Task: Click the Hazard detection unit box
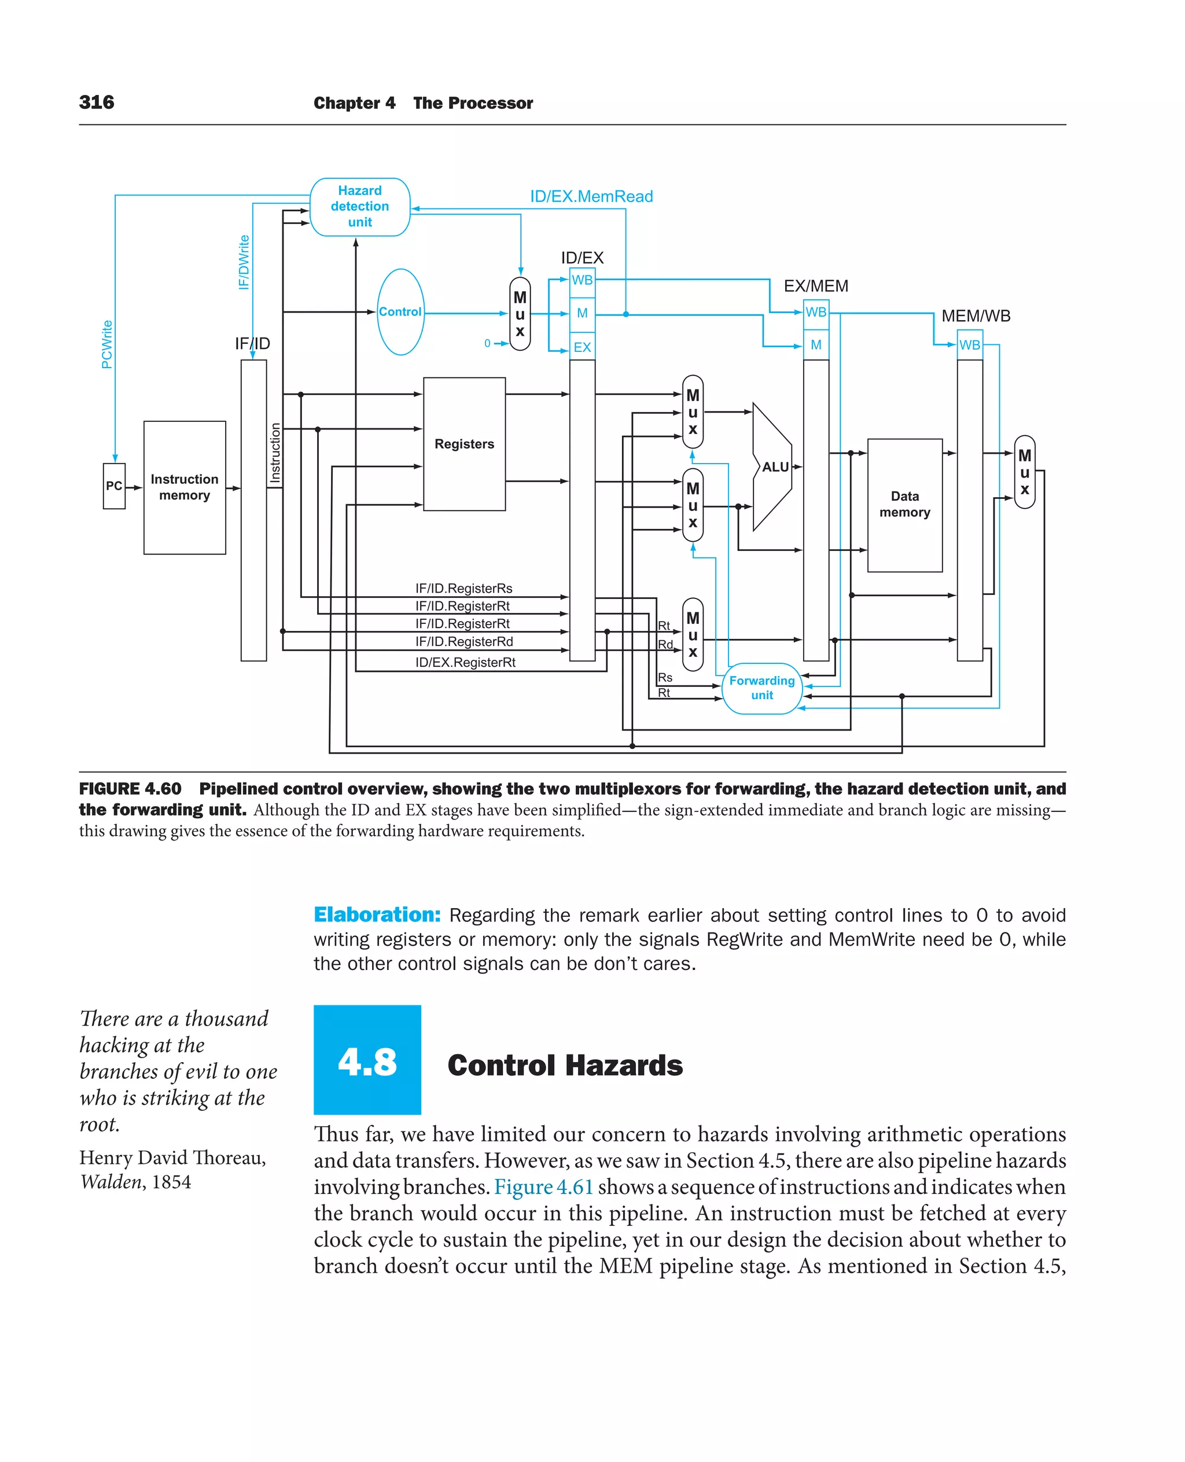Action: (360, 206)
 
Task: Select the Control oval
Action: (400, 311)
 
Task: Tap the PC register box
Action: (114, 486)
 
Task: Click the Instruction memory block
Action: (185, 487)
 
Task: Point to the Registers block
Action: (464, 444)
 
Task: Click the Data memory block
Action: (904, 505)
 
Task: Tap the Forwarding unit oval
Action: (762, 688)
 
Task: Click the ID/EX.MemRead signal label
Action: (591, 197)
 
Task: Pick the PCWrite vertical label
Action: (107, 344)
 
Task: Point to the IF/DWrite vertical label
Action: (244, 262)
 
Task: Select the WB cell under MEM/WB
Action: (969, 345)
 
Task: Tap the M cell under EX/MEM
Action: (816, 345)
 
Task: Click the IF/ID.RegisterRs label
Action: (463, 588)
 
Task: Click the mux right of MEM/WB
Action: (1024, 472)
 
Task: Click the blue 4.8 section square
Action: (367, 1059)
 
